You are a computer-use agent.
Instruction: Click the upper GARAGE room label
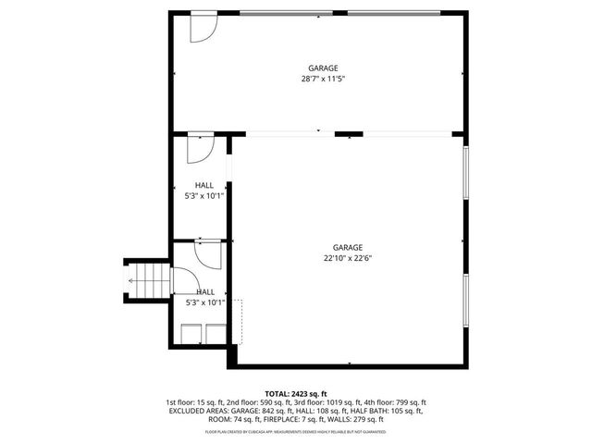(323, 68)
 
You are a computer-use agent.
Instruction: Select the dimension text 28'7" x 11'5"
(323, 79)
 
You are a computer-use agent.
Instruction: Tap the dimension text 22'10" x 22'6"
(348, 258)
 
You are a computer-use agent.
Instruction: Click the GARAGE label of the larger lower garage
(348, 247)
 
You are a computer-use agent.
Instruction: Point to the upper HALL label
(203, 185)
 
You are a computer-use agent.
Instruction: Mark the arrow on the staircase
(134, 280)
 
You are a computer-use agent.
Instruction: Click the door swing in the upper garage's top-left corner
(202, 29)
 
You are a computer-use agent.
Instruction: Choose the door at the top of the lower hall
(206, 253)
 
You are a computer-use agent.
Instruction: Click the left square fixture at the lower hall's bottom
(192, 334)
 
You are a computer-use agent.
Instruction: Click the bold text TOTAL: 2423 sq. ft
(296, 394)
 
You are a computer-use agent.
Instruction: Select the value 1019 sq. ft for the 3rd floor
(341, 402)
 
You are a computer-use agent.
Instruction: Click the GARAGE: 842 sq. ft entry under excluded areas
(241, 411)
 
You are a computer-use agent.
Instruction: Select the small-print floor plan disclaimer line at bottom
(296, 431)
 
